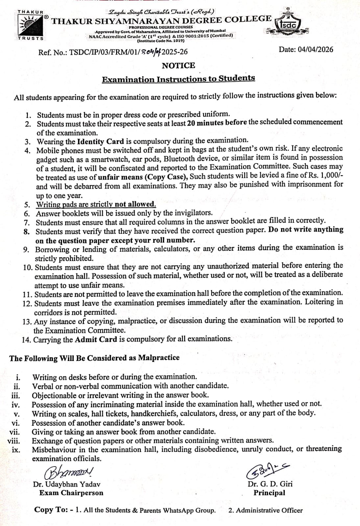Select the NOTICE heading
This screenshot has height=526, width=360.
178,65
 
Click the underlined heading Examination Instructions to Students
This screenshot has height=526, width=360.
178,79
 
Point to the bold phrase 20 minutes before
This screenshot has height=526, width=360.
217,123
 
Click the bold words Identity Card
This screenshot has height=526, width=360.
100,142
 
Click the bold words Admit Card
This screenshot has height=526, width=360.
96,339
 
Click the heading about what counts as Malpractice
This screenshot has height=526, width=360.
94,358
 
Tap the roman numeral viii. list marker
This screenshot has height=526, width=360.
13,441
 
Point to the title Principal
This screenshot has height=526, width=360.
269,493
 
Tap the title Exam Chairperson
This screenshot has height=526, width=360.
71,493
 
